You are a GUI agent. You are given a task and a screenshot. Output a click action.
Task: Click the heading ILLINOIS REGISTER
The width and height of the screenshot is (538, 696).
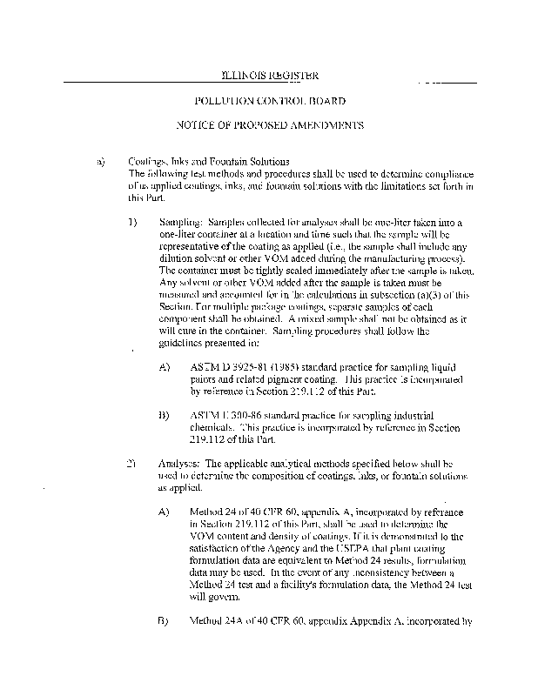coord(269,76)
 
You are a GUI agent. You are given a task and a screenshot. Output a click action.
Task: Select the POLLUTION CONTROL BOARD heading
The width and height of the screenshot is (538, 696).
coord(269,101)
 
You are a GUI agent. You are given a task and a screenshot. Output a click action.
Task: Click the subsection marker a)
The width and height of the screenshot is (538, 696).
coord(101,162)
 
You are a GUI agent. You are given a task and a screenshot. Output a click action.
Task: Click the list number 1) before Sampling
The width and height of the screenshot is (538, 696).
coord(133,223)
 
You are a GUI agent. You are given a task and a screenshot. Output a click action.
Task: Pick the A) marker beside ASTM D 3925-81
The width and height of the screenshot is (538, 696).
coord(165,368)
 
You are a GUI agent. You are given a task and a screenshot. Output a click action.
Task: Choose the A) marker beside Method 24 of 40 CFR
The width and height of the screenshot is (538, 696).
coord(165,512)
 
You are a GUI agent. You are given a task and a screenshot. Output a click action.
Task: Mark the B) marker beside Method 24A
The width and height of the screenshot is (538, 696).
coord(165,621)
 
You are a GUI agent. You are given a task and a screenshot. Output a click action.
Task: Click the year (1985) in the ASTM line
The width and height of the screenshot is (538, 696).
coord(292,368)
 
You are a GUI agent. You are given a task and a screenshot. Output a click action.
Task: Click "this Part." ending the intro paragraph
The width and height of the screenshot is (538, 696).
coord(145,198)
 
